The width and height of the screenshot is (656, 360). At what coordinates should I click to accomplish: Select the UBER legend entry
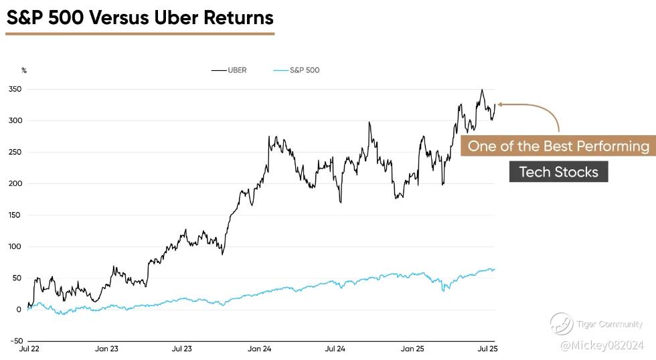coord(229,70)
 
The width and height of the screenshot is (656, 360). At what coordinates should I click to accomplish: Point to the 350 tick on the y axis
coord(15,89)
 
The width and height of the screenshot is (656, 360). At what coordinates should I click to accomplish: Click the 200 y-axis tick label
coord(15,183)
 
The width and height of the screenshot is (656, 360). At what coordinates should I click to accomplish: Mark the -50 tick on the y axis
coord(15,341)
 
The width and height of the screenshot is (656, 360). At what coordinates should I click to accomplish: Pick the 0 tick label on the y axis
coord(19,309)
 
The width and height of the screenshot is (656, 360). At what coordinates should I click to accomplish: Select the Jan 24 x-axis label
coord(259,349)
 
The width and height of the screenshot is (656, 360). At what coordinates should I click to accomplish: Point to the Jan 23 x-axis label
coord(107,349)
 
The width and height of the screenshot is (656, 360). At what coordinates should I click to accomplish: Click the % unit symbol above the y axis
coord(24,70)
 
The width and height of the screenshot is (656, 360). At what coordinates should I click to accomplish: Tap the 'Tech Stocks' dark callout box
coord(558,172)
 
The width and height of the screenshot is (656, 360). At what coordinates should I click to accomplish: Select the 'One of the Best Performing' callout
coord(558,146)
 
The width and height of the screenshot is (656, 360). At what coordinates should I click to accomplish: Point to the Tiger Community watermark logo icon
coord(561,324)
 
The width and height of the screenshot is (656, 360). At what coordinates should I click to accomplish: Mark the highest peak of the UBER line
coord(481,90)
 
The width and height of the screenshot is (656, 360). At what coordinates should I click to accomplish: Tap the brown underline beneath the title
coord(140,33)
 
